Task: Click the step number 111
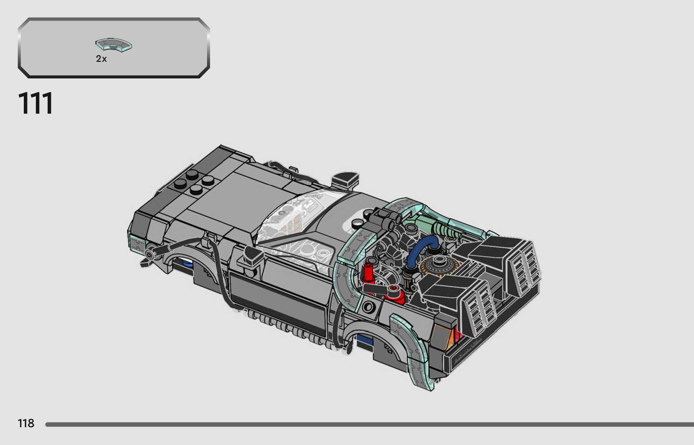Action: point(36,103)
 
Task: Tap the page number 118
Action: point(26,423)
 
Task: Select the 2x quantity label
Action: point(101,59)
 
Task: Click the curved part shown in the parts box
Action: point(114,45)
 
